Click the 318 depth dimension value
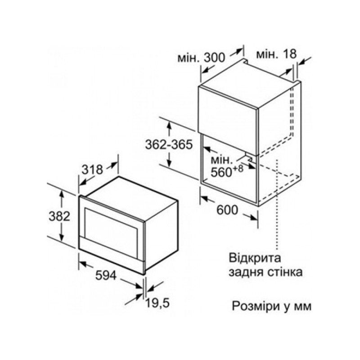click(92, 170)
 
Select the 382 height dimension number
click(59, 216)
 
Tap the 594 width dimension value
click(106, 275)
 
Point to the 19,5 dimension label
click(158, 303)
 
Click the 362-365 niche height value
click(169, 144)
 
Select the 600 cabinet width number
click(227, 210)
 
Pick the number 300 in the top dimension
click(215, 58)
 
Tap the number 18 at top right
click(289, 54)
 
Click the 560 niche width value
click(221, 172)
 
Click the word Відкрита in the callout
click(255, 258)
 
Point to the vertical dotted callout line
click(277, 204)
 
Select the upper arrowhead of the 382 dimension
click(62, 194)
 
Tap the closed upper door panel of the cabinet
click(228, 120)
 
